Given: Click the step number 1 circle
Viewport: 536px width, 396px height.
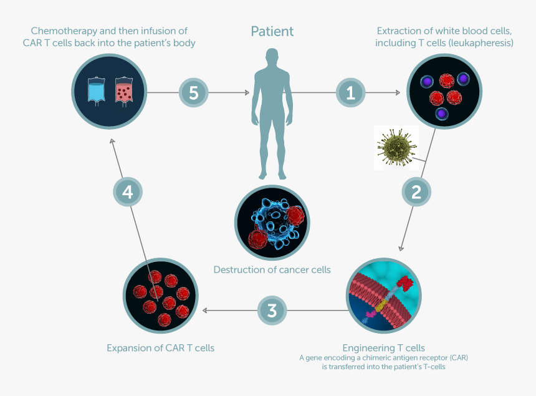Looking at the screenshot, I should (350, 94).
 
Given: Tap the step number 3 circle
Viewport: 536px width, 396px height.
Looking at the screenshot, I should (272, 310).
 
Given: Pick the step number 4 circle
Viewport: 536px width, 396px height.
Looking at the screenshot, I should (128, 192).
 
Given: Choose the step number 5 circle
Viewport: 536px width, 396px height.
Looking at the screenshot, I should (194, 94).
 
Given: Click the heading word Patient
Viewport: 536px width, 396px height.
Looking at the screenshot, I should (272, 31).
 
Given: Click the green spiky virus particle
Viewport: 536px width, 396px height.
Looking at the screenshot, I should (396, 147).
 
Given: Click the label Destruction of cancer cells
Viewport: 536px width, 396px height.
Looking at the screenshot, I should (272, 270).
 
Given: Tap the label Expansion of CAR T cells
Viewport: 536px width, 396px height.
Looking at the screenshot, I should (161, 348).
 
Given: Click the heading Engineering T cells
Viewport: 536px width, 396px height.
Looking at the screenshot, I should (383, 347).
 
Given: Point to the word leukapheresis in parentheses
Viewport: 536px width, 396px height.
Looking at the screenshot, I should (483, 43).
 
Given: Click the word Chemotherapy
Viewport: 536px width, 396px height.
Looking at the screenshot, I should (62, 31).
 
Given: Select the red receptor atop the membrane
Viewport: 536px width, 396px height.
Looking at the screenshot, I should (407, 283).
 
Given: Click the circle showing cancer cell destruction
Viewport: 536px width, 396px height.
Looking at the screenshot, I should (272, 222).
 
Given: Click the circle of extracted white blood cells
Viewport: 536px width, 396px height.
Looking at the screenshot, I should (443, 94).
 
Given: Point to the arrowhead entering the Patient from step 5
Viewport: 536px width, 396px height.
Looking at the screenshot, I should (247, 94).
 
